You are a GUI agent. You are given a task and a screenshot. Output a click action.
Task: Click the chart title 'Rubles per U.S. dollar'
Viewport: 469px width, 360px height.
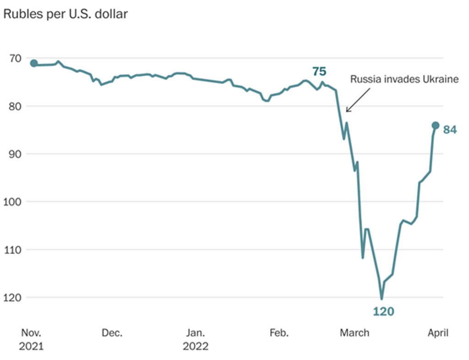click(x=65, y=14)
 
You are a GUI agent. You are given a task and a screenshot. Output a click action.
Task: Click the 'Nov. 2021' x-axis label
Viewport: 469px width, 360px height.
click(x=31, y=339)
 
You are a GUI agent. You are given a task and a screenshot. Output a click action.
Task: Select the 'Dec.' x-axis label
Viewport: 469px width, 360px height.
click(x=112, y=333)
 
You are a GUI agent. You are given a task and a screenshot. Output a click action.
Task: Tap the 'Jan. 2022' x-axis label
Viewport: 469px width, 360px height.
click(x=196, y=339)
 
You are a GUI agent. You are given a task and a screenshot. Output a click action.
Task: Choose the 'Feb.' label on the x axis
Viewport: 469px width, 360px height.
click(x=278, y=333)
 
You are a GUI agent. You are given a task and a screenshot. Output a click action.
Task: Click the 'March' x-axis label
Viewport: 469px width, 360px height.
click(x=354, y=333)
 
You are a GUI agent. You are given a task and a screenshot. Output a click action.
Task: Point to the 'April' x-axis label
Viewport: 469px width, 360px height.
click(x=438, y=333)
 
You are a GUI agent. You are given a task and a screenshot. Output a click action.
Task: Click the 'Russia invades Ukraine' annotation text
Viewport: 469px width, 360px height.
click(x=404, y=79)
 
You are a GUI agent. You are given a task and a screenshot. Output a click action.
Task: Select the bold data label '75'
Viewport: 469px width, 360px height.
click(x=319, y=71)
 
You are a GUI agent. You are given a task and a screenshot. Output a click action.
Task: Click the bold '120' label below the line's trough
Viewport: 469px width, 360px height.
click(x=383, y=312)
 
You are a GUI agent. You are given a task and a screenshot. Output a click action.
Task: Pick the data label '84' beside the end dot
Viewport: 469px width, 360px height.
click(x=450, y=130)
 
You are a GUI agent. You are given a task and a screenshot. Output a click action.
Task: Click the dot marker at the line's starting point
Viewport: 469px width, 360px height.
click(x=34, y=63)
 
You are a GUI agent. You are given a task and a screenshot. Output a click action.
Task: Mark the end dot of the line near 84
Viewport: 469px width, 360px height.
click(x=436, y=125)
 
